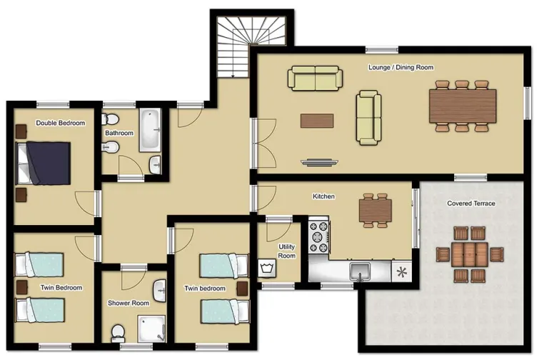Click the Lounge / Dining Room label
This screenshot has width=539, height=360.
pyautogui.click(x=401, y=67)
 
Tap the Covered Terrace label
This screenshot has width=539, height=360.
pyautogui.click(x=470, y=204)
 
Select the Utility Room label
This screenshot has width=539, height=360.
pyautogui.click(x=286, y=251)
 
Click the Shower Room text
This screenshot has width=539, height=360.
pyautogui.click(x=129, y=303)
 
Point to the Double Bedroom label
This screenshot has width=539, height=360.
pyautogui.click(x=61, y=123)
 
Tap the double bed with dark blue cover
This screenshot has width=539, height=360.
pyautogui.click(x=44, y=163)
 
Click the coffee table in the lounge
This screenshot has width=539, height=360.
pyautogui.click(x=316, y=121)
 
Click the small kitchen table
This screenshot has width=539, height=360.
pyautogui.click(x=375, y=210)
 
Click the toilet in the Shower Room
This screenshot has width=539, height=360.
pyautogui.click(x=118, y=332)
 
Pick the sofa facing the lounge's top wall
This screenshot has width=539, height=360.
pyautogui.click(x=314, y=78)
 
